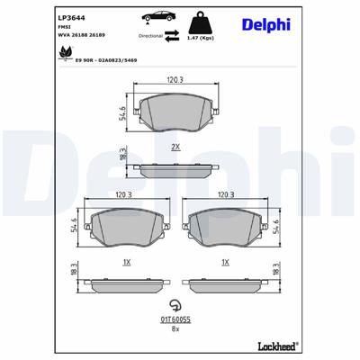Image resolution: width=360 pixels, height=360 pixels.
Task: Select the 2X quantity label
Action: click(x=175, y=145)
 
